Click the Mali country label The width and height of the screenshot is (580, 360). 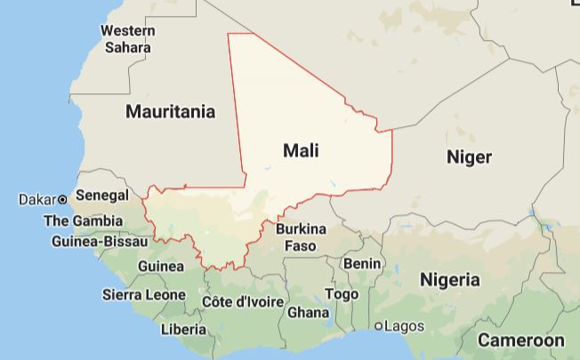click(301, 150)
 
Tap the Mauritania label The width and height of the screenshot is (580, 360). click(171, 112)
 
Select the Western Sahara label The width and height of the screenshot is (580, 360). click(127, 38)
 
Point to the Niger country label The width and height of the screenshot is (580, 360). click(468, 156)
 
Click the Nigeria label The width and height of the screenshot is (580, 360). click(449, 279)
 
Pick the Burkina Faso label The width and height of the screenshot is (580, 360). click(301, 236)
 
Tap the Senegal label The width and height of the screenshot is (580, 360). click(102, 195)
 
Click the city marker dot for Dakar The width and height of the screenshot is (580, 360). click(63, 199)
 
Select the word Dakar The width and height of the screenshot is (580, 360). click(36, 199)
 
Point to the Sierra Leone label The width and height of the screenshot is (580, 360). click(144, 294)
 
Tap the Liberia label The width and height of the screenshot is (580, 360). click(183, 329)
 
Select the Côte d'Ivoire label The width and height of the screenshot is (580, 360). click(243, 302)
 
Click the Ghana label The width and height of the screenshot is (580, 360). click(308, 312)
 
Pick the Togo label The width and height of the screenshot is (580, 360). click(342, 293)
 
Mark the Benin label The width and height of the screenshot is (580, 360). click(362, 264)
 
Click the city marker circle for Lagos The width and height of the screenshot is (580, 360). click(379, 326)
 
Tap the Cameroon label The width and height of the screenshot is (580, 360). click(520, 340)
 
